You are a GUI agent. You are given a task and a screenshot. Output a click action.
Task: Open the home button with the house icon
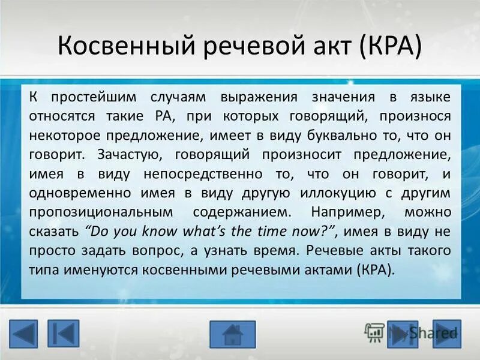[x=232, y=334]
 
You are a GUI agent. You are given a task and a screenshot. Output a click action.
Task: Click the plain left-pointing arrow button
[x=23, y=334]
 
